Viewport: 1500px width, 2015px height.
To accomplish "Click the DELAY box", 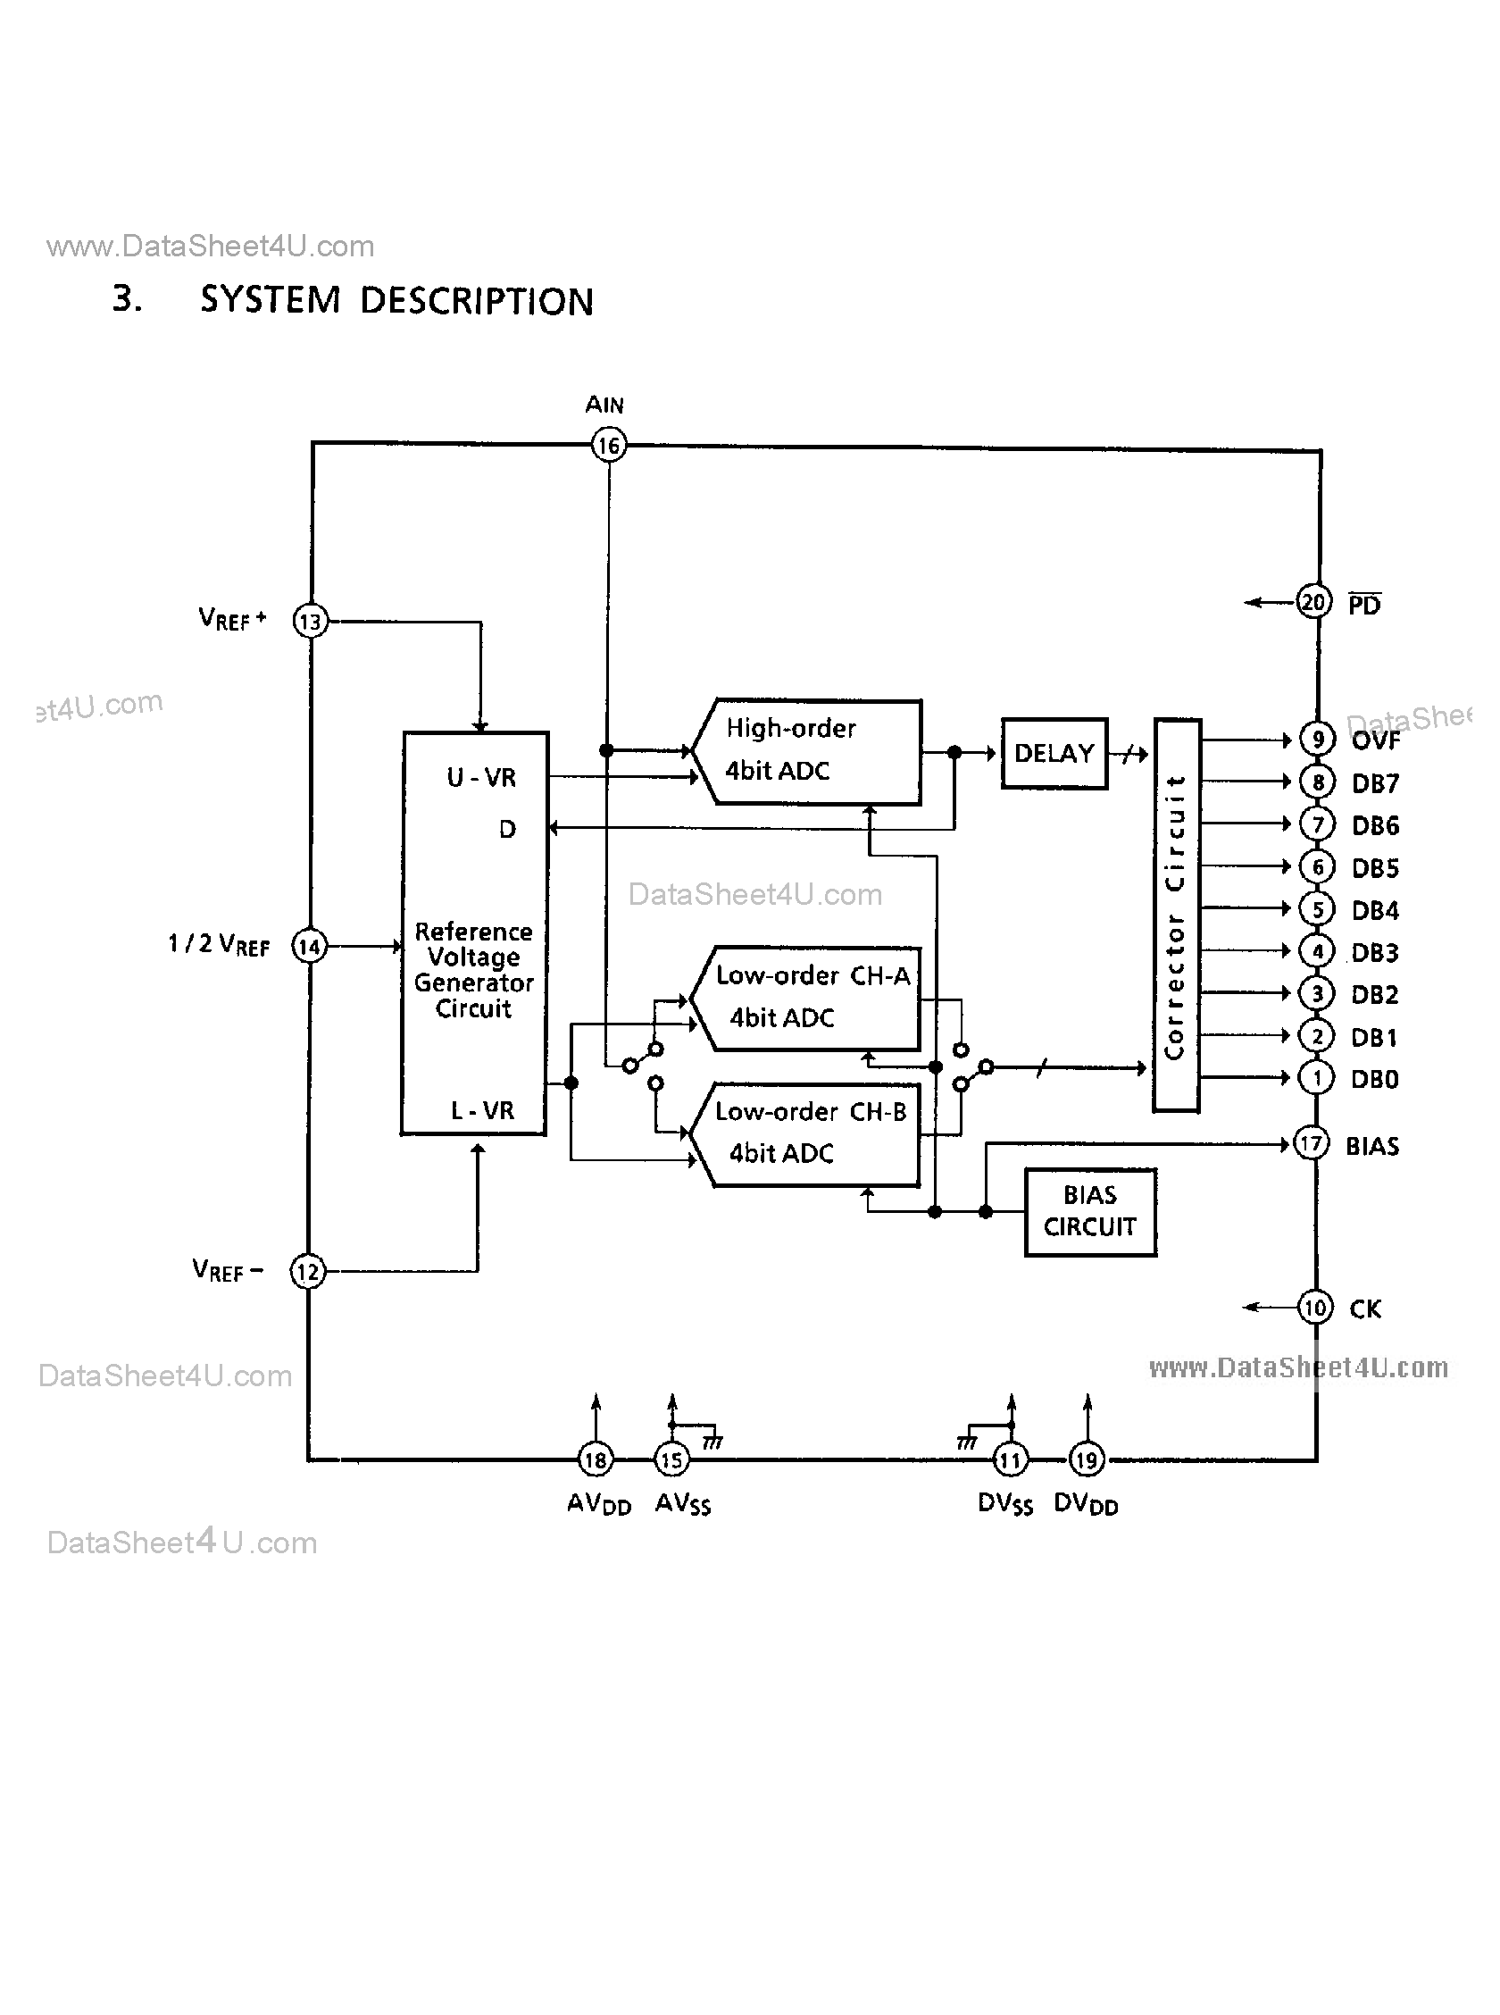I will click(x=1054, y=753).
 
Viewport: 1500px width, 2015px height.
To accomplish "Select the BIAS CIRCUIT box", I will click(x=1089, y=1211).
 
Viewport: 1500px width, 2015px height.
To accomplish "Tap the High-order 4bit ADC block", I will click(x=806, y=751).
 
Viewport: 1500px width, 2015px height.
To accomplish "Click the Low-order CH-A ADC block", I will click(x=806, y=998).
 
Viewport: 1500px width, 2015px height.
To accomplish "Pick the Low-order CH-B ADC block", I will click(x=806, y=1133).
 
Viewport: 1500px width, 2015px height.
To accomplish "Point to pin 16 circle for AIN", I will click(x=608, y=445).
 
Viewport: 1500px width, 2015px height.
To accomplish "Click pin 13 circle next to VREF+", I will click(x=310, y=622).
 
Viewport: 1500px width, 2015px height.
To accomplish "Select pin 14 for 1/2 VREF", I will click(x=309, y=946).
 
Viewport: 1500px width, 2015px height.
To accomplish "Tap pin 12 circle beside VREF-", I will click(x=307, y=1271).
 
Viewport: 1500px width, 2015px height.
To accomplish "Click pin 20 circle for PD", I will click(x=1313, y=602).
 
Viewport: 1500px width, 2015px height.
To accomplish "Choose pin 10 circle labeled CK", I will click(x=1314, y=1308).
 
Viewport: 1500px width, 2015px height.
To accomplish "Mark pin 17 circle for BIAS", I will click(x=1310, y=1143).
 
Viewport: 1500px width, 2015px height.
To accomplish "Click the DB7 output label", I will click(x=1375, y=782).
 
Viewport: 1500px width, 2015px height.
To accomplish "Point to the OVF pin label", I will click(x=1376, y=741).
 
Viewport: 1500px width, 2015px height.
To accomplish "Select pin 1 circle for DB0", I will click(x=1316, y=1078).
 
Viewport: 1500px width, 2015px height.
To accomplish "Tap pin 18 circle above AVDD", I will click(x=596, y=1460).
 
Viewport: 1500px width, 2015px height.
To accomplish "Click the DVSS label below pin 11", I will click(x=1004, y=1504).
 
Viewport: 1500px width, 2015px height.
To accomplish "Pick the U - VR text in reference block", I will click(x=481, y=777).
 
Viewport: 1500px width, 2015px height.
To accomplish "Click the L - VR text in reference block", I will click(x=482, y=1109).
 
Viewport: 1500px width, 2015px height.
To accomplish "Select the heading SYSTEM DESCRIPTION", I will click(x=396, y=301).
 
